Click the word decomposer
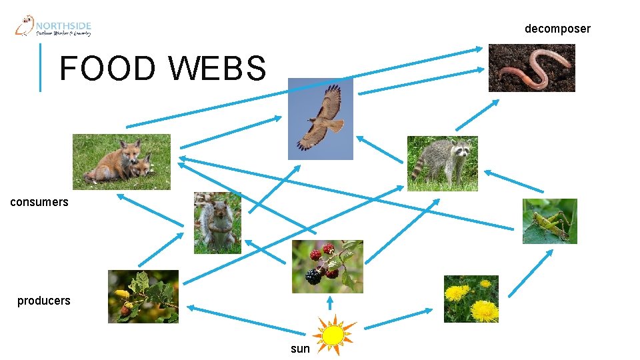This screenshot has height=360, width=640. click(x=557, y=29)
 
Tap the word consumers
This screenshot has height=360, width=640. click(x=39, y=202)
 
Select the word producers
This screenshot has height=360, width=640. click(x=44, y=301)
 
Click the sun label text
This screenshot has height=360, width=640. click(x=300, y=349)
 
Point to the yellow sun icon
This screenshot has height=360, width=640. click(x=333, y=333)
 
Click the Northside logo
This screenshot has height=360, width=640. click(x=53, y=26)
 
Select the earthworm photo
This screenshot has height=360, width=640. click(x=531, y=68)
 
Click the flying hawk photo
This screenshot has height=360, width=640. click(x=320, y=119)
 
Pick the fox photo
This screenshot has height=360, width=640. click(x=121, y=162)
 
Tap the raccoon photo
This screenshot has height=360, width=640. click(x=442, y=163)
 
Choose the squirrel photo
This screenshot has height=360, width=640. click(x=217, y=223)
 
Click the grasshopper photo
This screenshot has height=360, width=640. click(x=549, y=221)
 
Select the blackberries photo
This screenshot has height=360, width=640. click(x=327, y=267)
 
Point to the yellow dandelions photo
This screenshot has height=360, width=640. click(x=471, y=299)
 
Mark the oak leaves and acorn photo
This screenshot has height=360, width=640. click(x=143, y=297)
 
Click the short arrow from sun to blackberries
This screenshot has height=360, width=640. click(x=330, y=304)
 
